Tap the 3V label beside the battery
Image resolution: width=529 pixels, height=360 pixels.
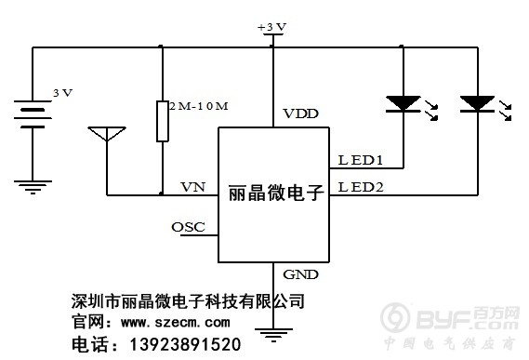pyautogui.click(x=62, y=93)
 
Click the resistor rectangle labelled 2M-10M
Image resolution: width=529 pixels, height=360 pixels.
pyautogui.click(x=163, y=121)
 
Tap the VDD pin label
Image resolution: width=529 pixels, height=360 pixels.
pyautogui.click(x=300, y=113)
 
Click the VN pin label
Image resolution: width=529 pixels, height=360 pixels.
pyautogui.click(x=192, y=186)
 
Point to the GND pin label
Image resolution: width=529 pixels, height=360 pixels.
pyautogui.click(x=299, y=275)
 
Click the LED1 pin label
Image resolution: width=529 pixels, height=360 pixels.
pyautogui.click(x=361, y=159)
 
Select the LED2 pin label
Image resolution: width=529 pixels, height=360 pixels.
pyautogui.click(x=361, y=186)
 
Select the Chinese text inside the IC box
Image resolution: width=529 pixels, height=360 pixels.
pyautogui.click(x=274, y=196)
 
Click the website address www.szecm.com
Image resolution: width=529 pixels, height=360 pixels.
pyautogui.click(x=175, y=323)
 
